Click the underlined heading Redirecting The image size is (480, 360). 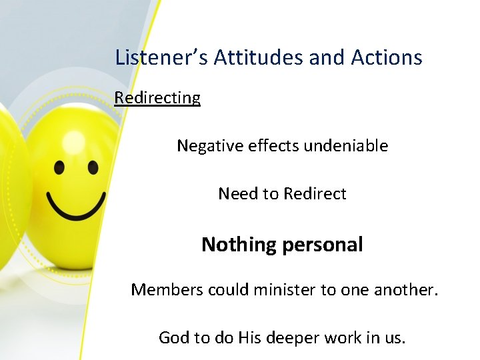pos(157,98)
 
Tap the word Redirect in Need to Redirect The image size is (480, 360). pos(315,194)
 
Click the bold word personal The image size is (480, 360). pos(323,245)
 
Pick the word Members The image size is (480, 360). pos(167,289)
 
